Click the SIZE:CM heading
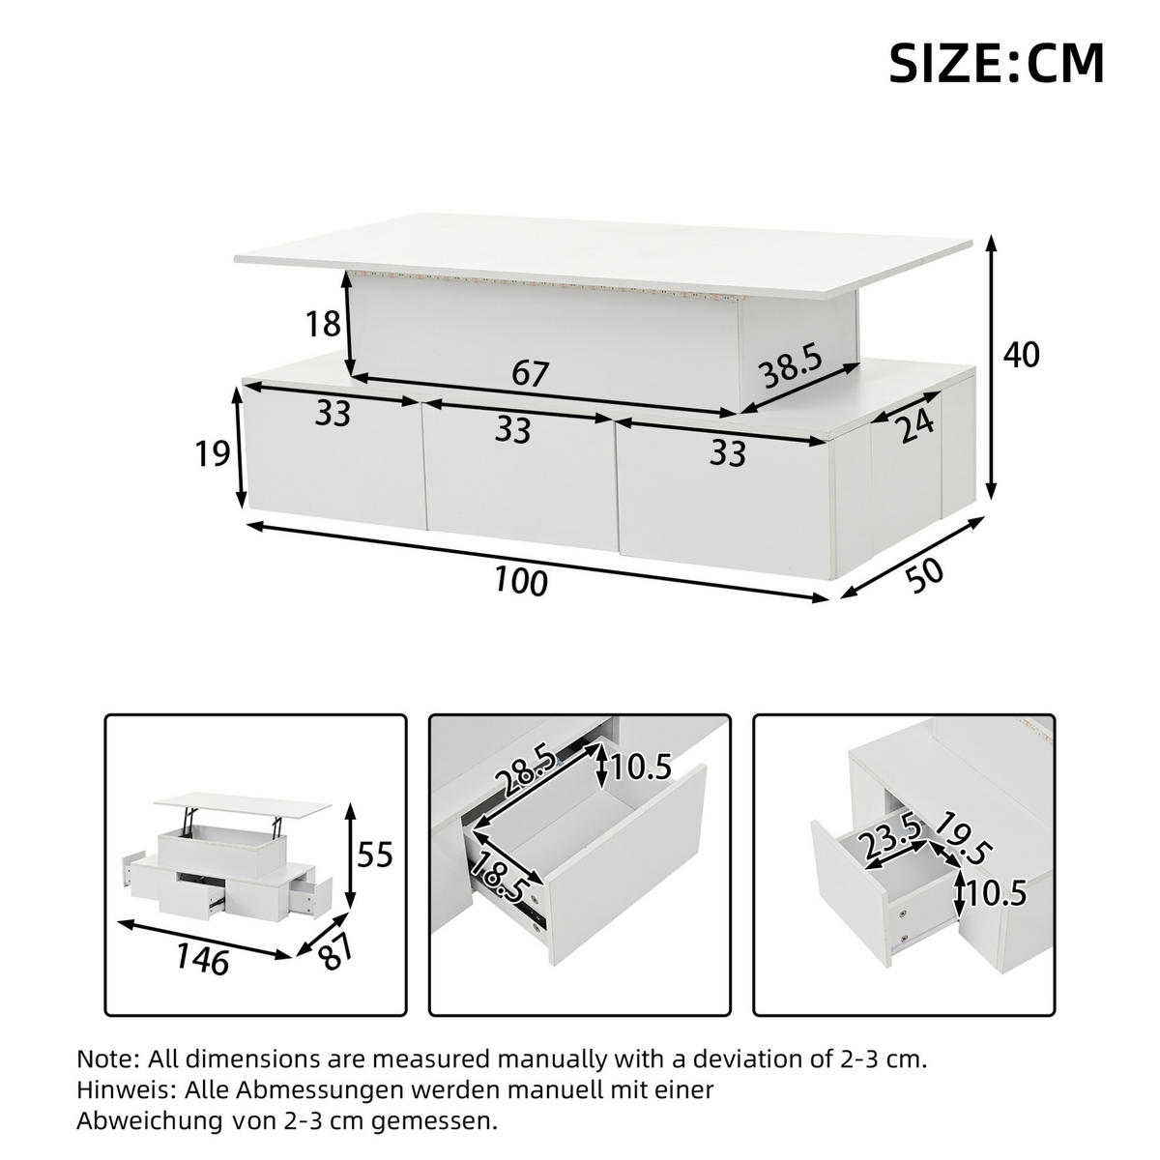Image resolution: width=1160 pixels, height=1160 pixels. click(x=997, y=63)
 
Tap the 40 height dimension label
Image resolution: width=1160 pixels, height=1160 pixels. click(x=1022, y=354)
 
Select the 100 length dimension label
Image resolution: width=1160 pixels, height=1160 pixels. click(x=521, y=582)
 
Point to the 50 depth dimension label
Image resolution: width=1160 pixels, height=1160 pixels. click(x=924, y=576)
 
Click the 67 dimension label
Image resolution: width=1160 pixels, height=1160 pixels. click(x=531, y=374)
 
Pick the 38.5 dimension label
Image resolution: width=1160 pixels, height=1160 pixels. click(x=792, y=366)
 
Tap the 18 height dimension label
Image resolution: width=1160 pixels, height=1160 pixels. click(x=323, y=324)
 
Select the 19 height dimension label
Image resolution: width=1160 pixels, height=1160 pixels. click(x=213, y=453)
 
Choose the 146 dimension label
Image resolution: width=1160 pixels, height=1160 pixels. click(x=203, y=959)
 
